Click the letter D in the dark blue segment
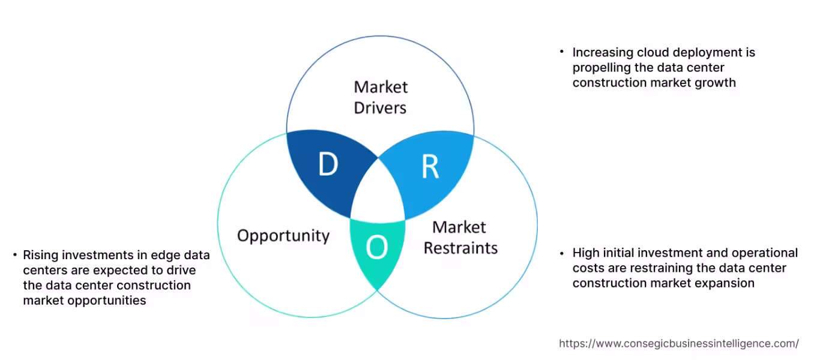[x=328, y=165]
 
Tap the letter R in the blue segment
[x=430, y=167]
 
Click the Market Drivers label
[x=381, y=97]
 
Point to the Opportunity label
[x=283, y=235]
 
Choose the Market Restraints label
[x=460, y=238]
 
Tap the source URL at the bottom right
[x=679, y=344]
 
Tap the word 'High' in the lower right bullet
[x=586, y=253]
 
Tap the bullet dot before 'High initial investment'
[x=561, y=252]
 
